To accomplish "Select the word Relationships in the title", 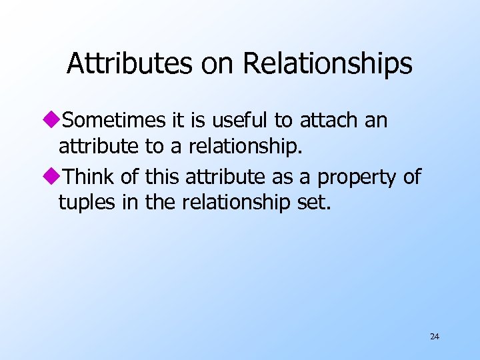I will coord(327,64).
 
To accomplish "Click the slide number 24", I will coord(435,337).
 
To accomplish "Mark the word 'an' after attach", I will coord(377,121).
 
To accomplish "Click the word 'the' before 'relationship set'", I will coord(159,201).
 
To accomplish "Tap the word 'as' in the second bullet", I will coord(287,177).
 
